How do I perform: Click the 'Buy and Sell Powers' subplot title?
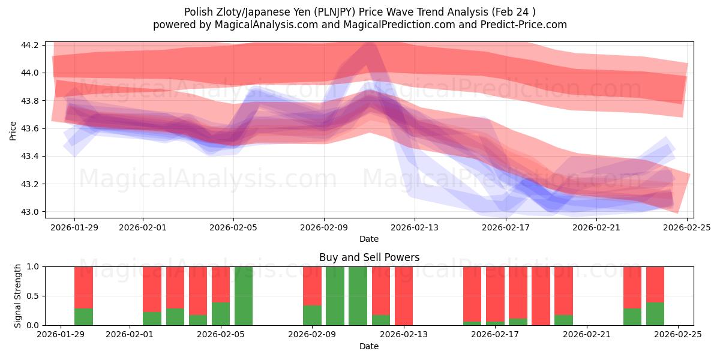pos(368,257)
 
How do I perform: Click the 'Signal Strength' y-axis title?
pos(19,295)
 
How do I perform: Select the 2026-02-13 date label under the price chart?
pos(415,227)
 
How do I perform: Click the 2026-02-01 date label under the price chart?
pos(143,227)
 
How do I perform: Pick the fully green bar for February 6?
pos(244,296)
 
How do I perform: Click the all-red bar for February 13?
pos(404,296)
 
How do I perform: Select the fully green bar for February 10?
pos(335,296)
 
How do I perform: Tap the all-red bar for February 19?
pos(541,296)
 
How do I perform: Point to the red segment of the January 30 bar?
pos(84,287)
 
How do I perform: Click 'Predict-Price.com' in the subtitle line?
pos(525,25)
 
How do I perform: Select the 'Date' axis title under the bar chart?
pos(368,346)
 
